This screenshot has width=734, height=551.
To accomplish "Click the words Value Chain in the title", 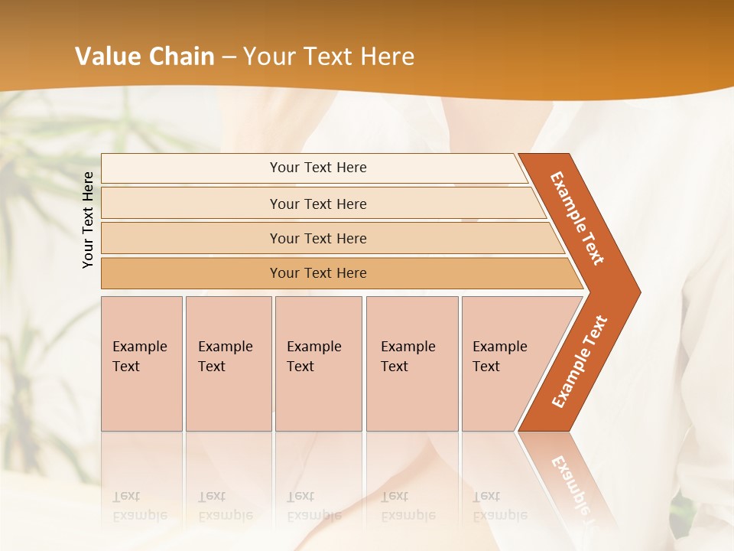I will [145, 57].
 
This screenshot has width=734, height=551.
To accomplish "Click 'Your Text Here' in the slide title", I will [329, 57].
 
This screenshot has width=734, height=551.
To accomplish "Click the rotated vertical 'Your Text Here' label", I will [88, 220].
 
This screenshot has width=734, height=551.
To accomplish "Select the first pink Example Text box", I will [141, 363].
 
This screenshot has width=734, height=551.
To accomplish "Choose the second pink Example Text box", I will [228, 363].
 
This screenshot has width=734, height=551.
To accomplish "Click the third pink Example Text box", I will [317, 363].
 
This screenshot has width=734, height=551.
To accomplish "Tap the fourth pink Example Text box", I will [411, 363].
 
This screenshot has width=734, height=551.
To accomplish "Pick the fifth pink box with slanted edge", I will [505, 363].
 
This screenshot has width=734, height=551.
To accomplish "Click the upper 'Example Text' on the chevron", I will [577, 218].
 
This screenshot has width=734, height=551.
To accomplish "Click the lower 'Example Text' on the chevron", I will [580, 362].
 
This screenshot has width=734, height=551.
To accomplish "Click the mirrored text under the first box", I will [140, 506].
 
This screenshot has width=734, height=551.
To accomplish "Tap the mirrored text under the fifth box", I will [500, 506].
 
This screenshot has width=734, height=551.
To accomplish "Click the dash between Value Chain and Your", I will [229, 57].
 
